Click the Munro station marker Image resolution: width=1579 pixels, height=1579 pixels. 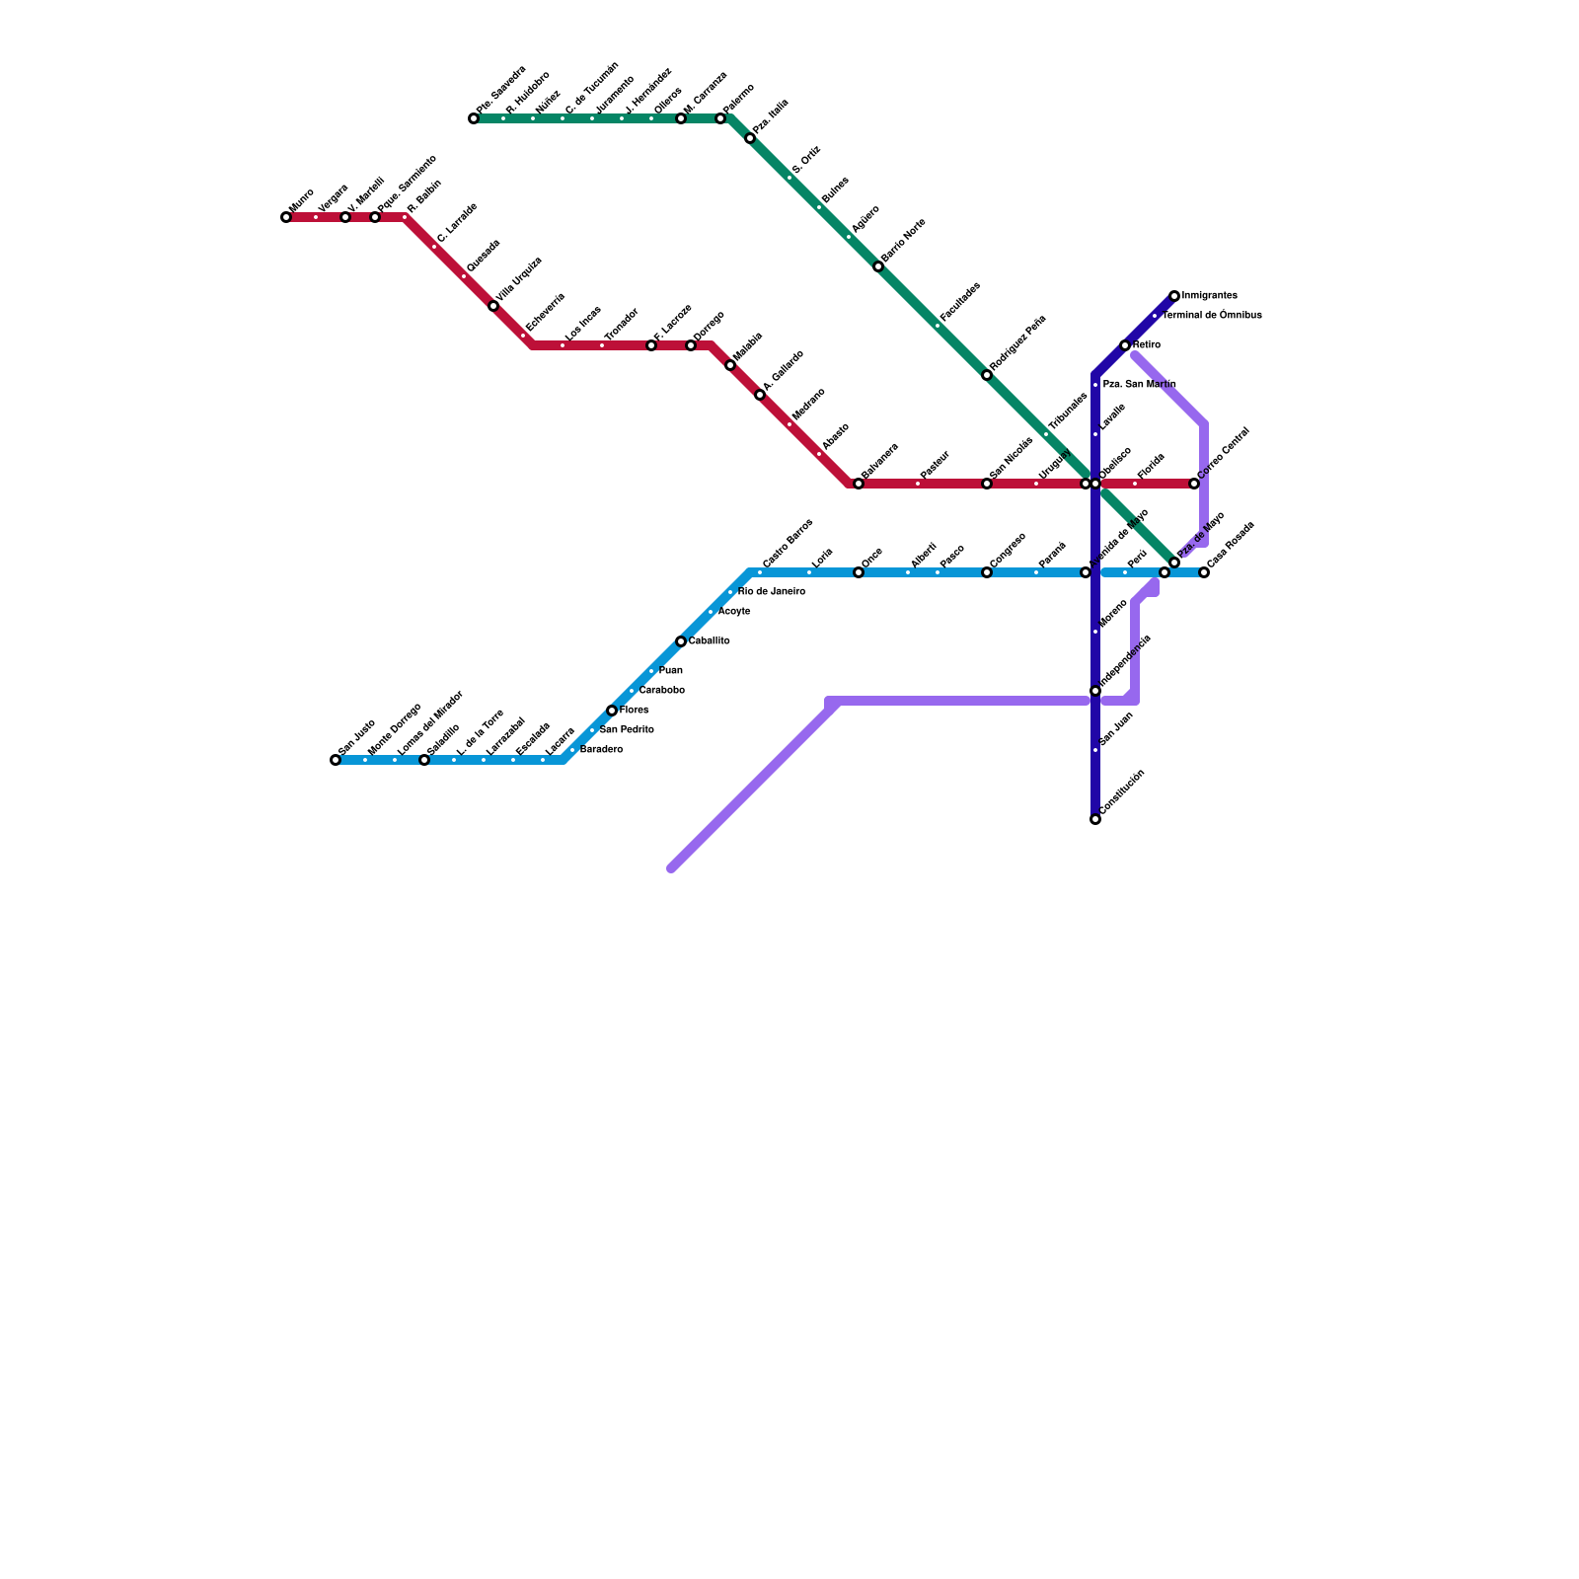[x=286, y=217]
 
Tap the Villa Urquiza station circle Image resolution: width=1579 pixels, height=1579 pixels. [x=493, y=306]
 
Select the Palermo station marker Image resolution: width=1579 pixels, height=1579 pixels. [x=720, y=118]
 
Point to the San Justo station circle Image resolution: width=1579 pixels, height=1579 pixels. [x=336, y=760]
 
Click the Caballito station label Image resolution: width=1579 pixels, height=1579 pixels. [x=709, y=641]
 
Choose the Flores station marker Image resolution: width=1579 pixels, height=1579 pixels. [x=612, y=711]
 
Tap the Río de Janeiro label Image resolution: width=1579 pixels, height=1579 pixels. [x=771, y=592]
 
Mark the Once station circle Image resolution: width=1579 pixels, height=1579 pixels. [x=859, y=572]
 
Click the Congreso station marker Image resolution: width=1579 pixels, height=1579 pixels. [x=987, y=572]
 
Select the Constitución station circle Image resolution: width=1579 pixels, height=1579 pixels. [x=1095, y=819]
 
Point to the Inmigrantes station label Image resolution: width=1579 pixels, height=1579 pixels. [x=1209, y=296]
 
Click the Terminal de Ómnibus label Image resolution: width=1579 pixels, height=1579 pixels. [x=1212, y=316]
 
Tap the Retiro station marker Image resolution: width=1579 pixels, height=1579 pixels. [x=1125, y=345]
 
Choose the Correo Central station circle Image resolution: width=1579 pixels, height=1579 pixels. [x=1194, y=484]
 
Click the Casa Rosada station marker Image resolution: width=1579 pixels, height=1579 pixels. [x=1204, y=572]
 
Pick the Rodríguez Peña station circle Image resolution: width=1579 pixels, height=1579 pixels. [x=987, y=375]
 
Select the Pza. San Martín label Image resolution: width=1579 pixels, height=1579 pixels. [x=1139, y=385]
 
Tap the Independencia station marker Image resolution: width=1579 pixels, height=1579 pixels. [x=1095, y=691]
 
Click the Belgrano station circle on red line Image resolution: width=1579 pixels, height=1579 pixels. [x=859, y=484]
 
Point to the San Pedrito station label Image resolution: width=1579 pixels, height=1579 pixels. [x=626, y=730]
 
